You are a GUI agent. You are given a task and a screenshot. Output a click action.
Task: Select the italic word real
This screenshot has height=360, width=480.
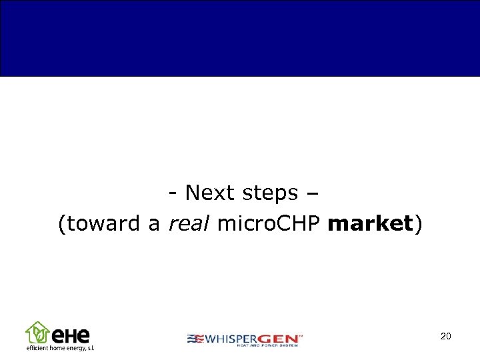click(x=189, y=224)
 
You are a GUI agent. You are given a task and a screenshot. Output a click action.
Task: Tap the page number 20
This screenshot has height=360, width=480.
click(x=446, y=336)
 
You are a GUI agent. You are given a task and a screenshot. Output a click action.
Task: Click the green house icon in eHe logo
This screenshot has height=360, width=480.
click(x=37, y=332)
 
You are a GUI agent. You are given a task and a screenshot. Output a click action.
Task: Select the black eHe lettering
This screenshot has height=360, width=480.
click(x=70, y=334)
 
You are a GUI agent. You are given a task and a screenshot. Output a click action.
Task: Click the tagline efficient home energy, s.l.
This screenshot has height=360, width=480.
click(x=60, y=347)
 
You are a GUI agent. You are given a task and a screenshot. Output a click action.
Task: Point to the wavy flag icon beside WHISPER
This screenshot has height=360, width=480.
click(x=195, y=338)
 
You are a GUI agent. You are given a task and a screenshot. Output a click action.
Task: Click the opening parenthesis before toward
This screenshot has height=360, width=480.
click(x=62, y=225)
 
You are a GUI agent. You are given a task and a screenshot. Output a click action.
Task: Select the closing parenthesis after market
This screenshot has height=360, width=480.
click(x=419, y=225)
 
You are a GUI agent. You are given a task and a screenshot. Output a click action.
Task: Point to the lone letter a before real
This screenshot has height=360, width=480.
click(x=154, y=225)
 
